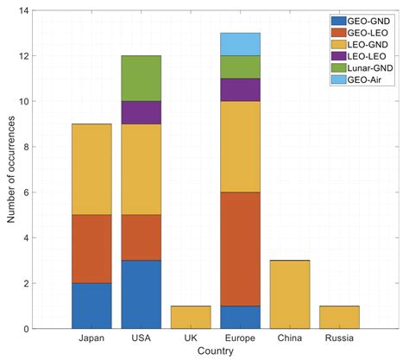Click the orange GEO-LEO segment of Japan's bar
91,249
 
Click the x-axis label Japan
91,339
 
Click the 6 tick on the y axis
38,193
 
